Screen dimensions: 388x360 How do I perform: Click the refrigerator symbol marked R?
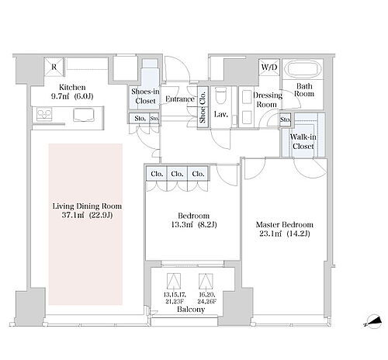pos(54,67)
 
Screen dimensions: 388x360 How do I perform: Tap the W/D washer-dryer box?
pos(269,67)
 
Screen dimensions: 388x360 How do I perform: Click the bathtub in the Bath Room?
pos(303,69)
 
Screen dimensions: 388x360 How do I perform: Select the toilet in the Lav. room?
pos(220,96)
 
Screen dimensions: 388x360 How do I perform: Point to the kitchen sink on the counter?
pos(84,115)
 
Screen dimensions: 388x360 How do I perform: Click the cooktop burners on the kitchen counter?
pos(44,114)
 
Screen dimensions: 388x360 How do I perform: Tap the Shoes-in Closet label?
pos(145,96)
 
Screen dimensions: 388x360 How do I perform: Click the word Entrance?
pos(180,99)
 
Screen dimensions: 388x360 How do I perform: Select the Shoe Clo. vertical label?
pos(203,107)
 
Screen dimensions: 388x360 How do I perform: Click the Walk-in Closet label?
pos(303,141)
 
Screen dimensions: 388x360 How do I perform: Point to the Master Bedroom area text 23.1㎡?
pos(270,234)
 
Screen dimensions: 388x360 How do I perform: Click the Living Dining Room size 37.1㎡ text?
pos(73,215)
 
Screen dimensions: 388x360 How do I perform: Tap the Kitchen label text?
pos(72,87)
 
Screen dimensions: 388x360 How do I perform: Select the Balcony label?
pos(191,310)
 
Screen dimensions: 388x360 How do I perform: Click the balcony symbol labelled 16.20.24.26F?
pos(206,281)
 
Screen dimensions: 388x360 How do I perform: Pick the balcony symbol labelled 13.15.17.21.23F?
pos(174,281)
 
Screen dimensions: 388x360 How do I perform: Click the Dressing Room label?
pos(267,100)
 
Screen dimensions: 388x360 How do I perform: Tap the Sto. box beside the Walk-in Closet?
pos(286,119)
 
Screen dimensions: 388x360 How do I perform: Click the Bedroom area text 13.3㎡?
pos(182,224)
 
